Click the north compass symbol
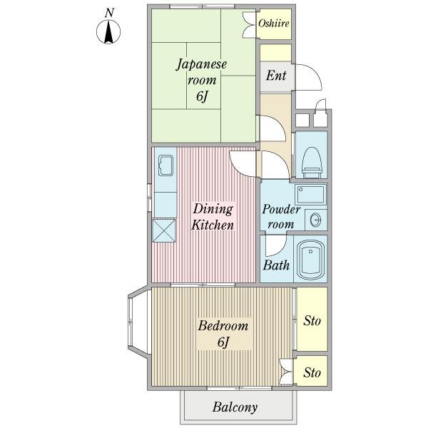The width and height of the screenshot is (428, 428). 108,31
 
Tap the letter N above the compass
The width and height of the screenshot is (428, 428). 109,13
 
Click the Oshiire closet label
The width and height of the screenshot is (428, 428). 274,24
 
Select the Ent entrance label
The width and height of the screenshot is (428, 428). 276,76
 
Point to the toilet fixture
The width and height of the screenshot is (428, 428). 312,163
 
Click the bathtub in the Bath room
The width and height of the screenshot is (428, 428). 310,260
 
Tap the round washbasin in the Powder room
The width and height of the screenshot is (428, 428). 316,219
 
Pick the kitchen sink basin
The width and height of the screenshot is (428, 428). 165,165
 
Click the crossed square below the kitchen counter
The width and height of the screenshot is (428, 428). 164,230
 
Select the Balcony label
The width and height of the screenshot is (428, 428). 235,407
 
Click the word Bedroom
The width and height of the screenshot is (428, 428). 223,326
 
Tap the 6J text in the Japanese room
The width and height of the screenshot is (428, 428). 203,96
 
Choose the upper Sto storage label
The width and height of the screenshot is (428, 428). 312,321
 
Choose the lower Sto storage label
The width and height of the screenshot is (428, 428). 312,372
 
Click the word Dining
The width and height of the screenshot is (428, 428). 213,209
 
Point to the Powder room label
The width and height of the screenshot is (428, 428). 281,217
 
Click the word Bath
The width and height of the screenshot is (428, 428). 276,265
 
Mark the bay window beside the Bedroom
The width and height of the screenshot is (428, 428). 139,321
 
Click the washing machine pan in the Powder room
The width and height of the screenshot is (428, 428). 310,194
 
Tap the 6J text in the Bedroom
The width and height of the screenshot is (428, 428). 223,342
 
